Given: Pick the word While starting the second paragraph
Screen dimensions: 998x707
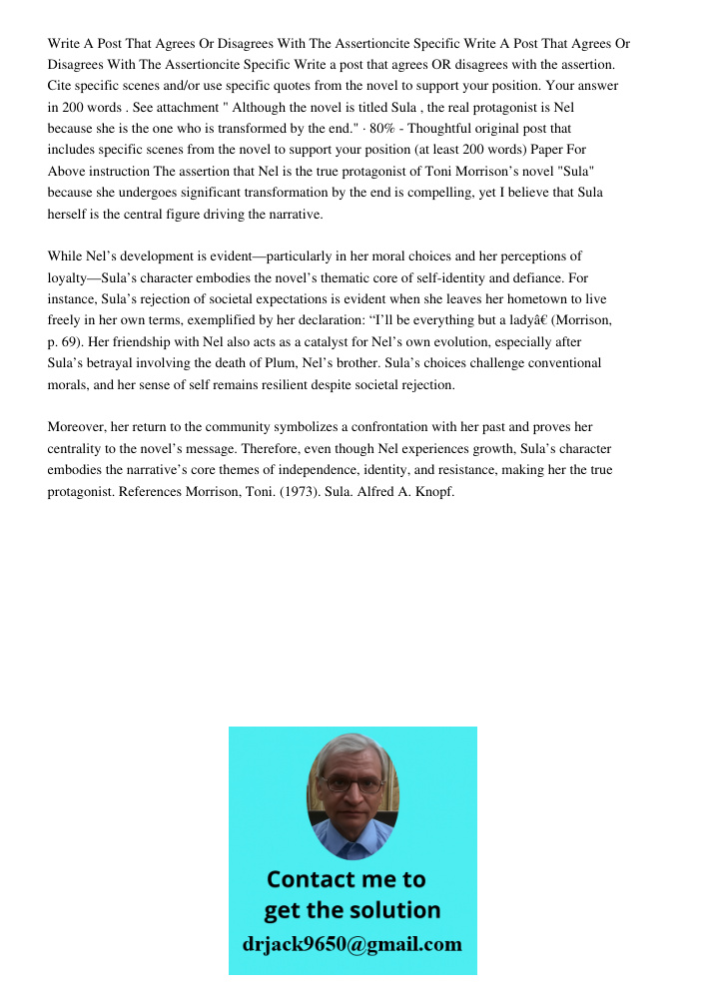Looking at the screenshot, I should (66, 256).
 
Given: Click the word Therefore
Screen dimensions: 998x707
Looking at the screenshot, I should (278, 449).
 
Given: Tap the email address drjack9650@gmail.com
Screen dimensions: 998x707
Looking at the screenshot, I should (352, 944).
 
